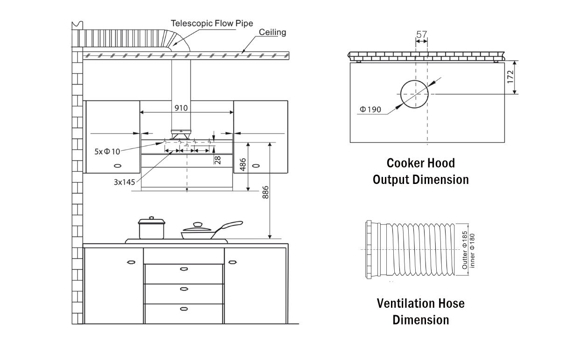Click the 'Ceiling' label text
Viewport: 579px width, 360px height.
(x=272, y=32)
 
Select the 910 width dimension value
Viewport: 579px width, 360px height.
(x=181, y=108)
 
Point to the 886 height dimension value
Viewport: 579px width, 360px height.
(x=265, y=192)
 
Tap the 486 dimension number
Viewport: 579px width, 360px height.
(x=243, y=164)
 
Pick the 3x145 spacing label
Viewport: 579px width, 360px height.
(x=124, y=182)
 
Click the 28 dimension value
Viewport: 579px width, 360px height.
(x=217, y=160)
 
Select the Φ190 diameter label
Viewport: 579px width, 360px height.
(x=370, y=110)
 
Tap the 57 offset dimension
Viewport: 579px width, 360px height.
(x=421, y=34)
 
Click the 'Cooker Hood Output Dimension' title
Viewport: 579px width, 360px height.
(x=420, y=171)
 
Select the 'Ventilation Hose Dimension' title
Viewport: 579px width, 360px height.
(x=420, y=311)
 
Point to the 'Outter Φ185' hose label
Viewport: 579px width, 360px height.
(x=464, y=250)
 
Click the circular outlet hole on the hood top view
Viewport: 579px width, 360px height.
(x=414, y=94)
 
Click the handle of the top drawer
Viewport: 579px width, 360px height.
(x=184, y=268)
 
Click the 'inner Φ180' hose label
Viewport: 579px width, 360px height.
(x=472, y=250)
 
